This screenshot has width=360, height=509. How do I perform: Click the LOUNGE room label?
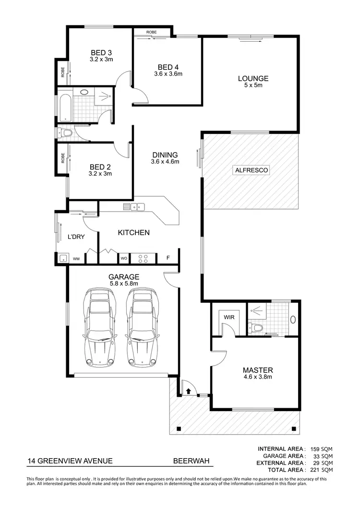[253, 79]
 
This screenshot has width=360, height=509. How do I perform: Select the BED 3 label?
[101, 53]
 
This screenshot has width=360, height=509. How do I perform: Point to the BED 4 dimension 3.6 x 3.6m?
[168, 74]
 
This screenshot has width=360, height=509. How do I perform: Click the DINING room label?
[165, 155]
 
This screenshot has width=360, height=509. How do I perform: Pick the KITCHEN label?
[134, 233]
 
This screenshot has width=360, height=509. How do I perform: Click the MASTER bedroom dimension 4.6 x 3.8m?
[258, 377]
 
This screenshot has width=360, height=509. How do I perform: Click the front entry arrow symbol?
[188, 391]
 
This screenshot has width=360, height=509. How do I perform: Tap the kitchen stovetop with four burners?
[143, 259]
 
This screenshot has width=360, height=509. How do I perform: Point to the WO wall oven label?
[124, 259]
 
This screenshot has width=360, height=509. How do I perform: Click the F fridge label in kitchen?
[168, 259]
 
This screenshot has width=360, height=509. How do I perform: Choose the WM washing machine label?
[76, 259]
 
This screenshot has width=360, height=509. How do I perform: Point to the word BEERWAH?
[191, 461]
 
